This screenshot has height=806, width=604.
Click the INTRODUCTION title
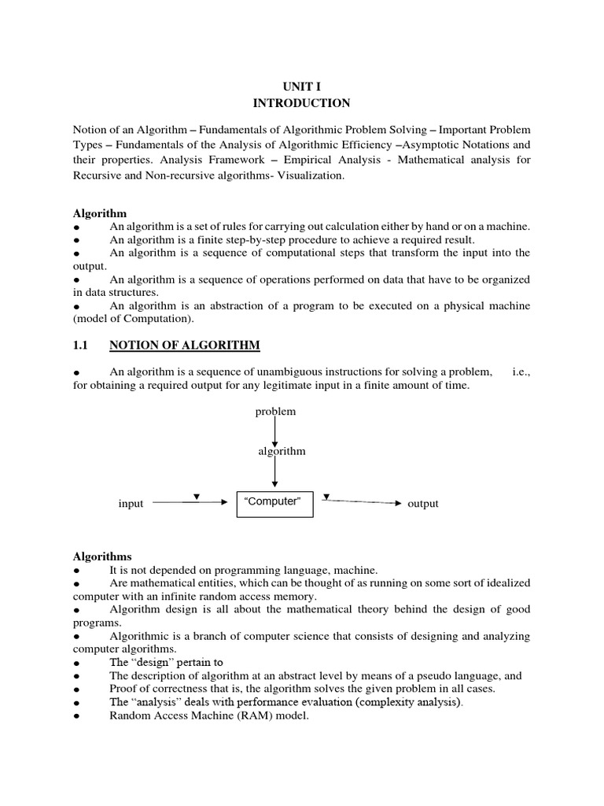pyautogui.click(x=301, y=103)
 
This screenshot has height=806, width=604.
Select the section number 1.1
pyautogui.click(x=82, y=345)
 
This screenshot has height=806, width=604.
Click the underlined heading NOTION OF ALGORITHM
pyautogui.click(x=185, y=345)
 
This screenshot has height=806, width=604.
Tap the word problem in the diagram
pyautogui.click(x=275, y=411)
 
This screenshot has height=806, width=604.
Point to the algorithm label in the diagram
pyautogui.click(x=282, y=451)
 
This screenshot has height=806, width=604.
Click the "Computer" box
pyautogui.click(x=274, y=503)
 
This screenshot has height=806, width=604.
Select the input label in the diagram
pyautogui.click(x=131, y=504)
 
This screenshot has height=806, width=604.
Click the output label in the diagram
pyautogui.click(x=422, y=504)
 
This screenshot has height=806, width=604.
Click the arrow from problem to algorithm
pyautogui.click(x=274, y=431)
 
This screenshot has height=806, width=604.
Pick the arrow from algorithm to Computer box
pyautogui.click(x=274, y=472)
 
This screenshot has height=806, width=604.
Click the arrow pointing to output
pyautogui.click(x=363, y=501)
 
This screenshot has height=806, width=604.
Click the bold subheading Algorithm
pyautogui.click(x=100, y=213)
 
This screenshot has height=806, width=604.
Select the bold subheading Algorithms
pyautogui.click(x=102, y=556)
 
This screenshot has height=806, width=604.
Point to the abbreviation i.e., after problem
pyautogui.click(x=521, y=372)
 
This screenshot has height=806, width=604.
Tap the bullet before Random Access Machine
pyautogui.click(x=77, y=716)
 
